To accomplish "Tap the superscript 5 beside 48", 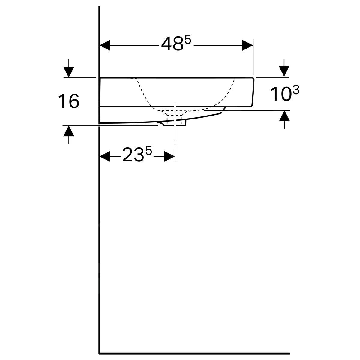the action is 188,40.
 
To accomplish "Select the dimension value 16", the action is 69,101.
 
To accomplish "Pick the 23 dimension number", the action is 133,154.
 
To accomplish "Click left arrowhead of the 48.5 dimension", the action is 105,45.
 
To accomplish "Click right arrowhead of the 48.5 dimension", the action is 247,45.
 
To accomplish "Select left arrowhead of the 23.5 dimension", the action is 105,156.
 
